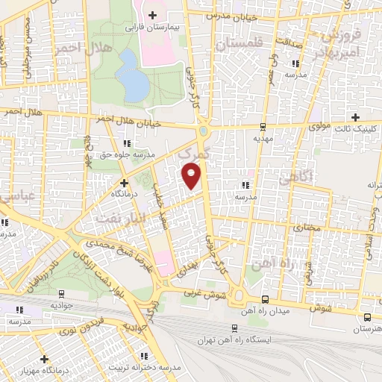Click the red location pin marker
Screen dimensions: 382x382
tap(192, 176)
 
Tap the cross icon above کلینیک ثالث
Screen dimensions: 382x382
tap(355, 116)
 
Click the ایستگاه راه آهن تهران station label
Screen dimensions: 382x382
tap(234, 340)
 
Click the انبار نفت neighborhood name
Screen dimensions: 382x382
tap(117, 217)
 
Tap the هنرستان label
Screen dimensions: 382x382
tap(366, 328)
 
